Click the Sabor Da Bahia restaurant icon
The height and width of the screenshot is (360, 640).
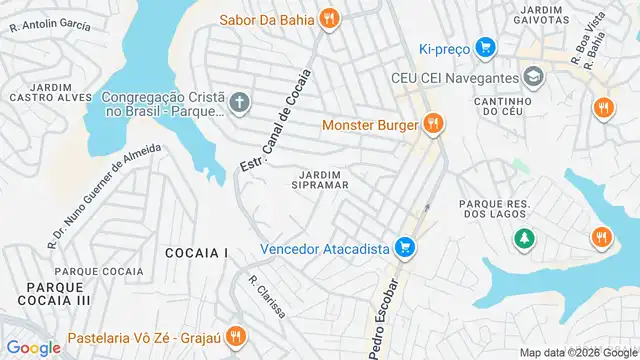(329, 17)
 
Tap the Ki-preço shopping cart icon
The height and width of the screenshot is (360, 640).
(485, 47)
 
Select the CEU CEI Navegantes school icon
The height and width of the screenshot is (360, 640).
(534, 77)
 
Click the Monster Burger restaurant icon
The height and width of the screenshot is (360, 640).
(432, 125)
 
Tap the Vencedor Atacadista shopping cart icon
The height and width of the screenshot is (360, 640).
(404, 247)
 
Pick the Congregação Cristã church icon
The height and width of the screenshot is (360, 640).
(239, 103)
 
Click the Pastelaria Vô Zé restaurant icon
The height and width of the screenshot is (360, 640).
(235, 336)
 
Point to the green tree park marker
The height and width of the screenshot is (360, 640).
(522, 238)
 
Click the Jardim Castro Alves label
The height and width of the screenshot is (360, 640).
(45, 92)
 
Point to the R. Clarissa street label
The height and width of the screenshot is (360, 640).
(267, 296)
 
